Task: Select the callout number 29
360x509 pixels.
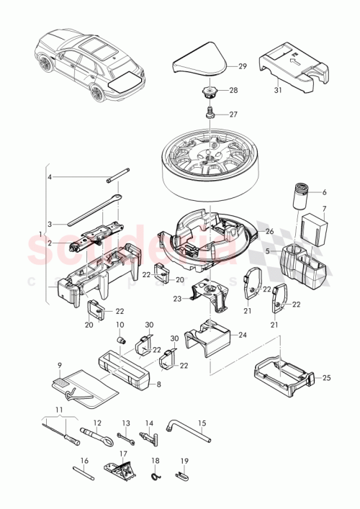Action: click(x=242, y=66)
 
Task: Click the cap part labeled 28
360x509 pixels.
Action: click(x=210, y=92)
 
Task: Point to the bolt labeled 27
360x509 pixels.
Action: click(x=209, y=112)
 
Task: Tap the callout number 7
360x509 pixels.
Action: click(x=323, y=210)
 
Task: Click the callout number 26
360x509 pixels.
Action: click(x=270, y=231)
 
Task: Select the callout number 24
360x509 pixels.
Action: click(x=241, y=335)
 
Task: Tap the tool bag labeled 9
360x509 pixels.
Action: click(x=83, y=389)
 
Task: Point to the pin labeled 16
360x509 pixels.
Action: click(x=84, y=473)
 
